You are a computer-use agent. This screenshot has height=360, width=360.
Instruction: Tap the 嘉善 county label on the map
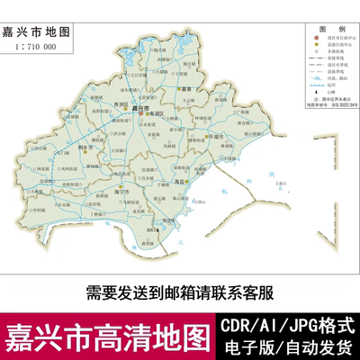(x=186, y=90)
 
